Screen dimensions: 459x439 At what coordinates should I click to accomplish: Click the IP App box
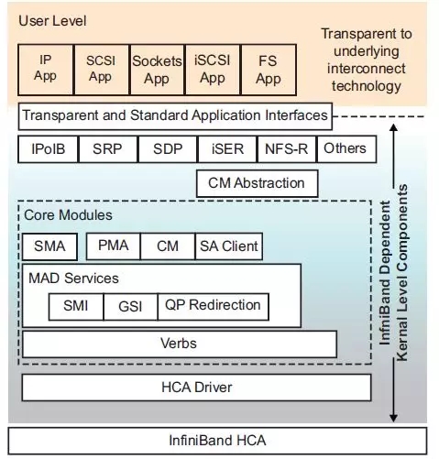[46, 68]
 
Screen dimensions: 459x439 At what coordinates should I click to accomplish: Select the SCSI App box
[101, 68]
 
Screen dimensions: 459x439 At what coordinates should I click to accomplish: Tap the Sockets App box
[157, 68]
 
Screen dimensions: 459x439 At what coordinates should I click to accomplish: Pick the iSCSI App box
[212, 68]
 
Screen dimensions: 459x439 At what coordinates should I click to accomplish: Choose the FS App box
[268, 68]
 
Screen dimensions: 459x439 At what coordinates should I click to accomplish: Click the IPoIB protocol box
[48, 148]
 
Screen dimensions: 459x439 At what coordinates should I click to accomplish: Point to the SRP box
[107, 148]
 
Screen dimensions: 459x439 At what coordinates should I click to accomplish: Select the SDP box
[167, 148]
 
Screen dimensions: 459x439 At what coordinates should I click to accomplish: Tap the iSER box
[226, 148]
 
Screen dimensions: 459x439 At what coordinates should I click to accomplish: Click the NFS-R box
[286, 148]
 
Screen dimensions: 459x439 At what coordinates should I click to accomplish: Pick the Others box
[345, 148]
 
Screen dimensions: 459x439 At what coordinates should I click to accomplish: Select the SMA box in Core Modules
[50, 246]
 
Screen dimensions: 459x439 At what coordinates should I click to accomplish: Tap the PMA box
[113, 246]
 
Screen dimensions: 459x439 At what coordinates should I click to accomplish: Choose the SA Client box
[229, 246]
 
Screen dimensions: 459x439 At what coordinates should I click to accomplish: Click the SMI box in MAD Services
[76, 306]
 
